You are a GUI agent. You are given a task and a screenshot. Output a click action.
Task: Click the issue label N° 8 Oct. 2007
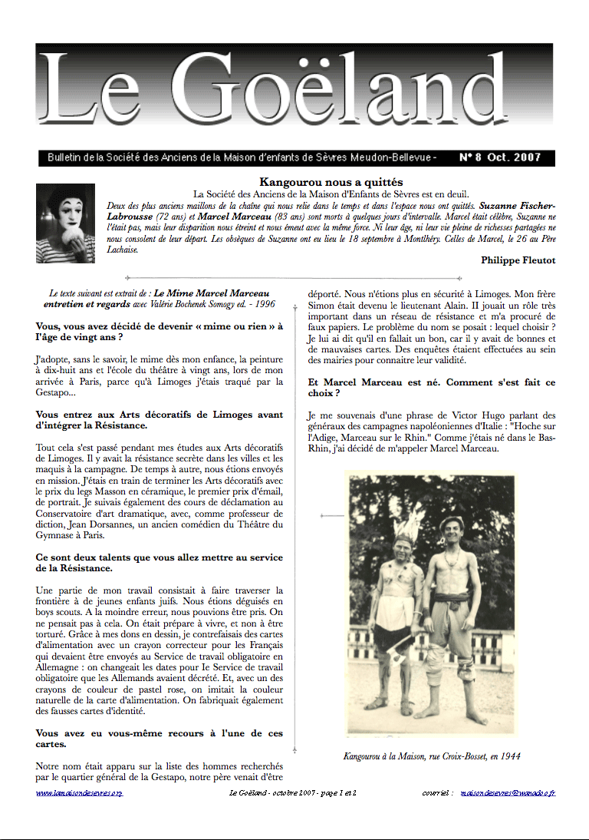[499, 158]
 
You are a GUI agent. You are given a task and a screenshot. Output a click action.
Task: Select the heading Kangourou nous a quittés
[331, 182]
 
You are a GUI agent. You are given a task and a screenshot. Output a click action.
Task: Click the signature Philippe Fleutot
[518, 260]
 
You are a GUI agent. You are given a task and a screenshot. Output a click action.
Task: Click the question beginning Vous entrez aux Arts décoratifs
[159, 420]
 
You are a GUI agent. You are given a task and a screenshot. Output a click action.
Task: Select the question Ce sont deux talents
[159, 562]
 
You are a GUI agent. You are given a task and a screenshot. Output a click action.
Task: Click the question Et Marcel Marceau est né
[431, 388]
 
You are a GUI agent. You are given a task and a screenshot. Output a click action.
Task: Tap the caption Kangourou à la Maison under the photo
[431, 756]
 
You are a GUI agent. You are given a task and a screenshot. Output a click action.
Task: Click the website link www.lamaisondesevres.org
[79, 792]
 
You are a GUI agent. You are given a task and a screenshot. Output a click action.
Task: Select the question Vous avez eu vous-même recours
[159, 739]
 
